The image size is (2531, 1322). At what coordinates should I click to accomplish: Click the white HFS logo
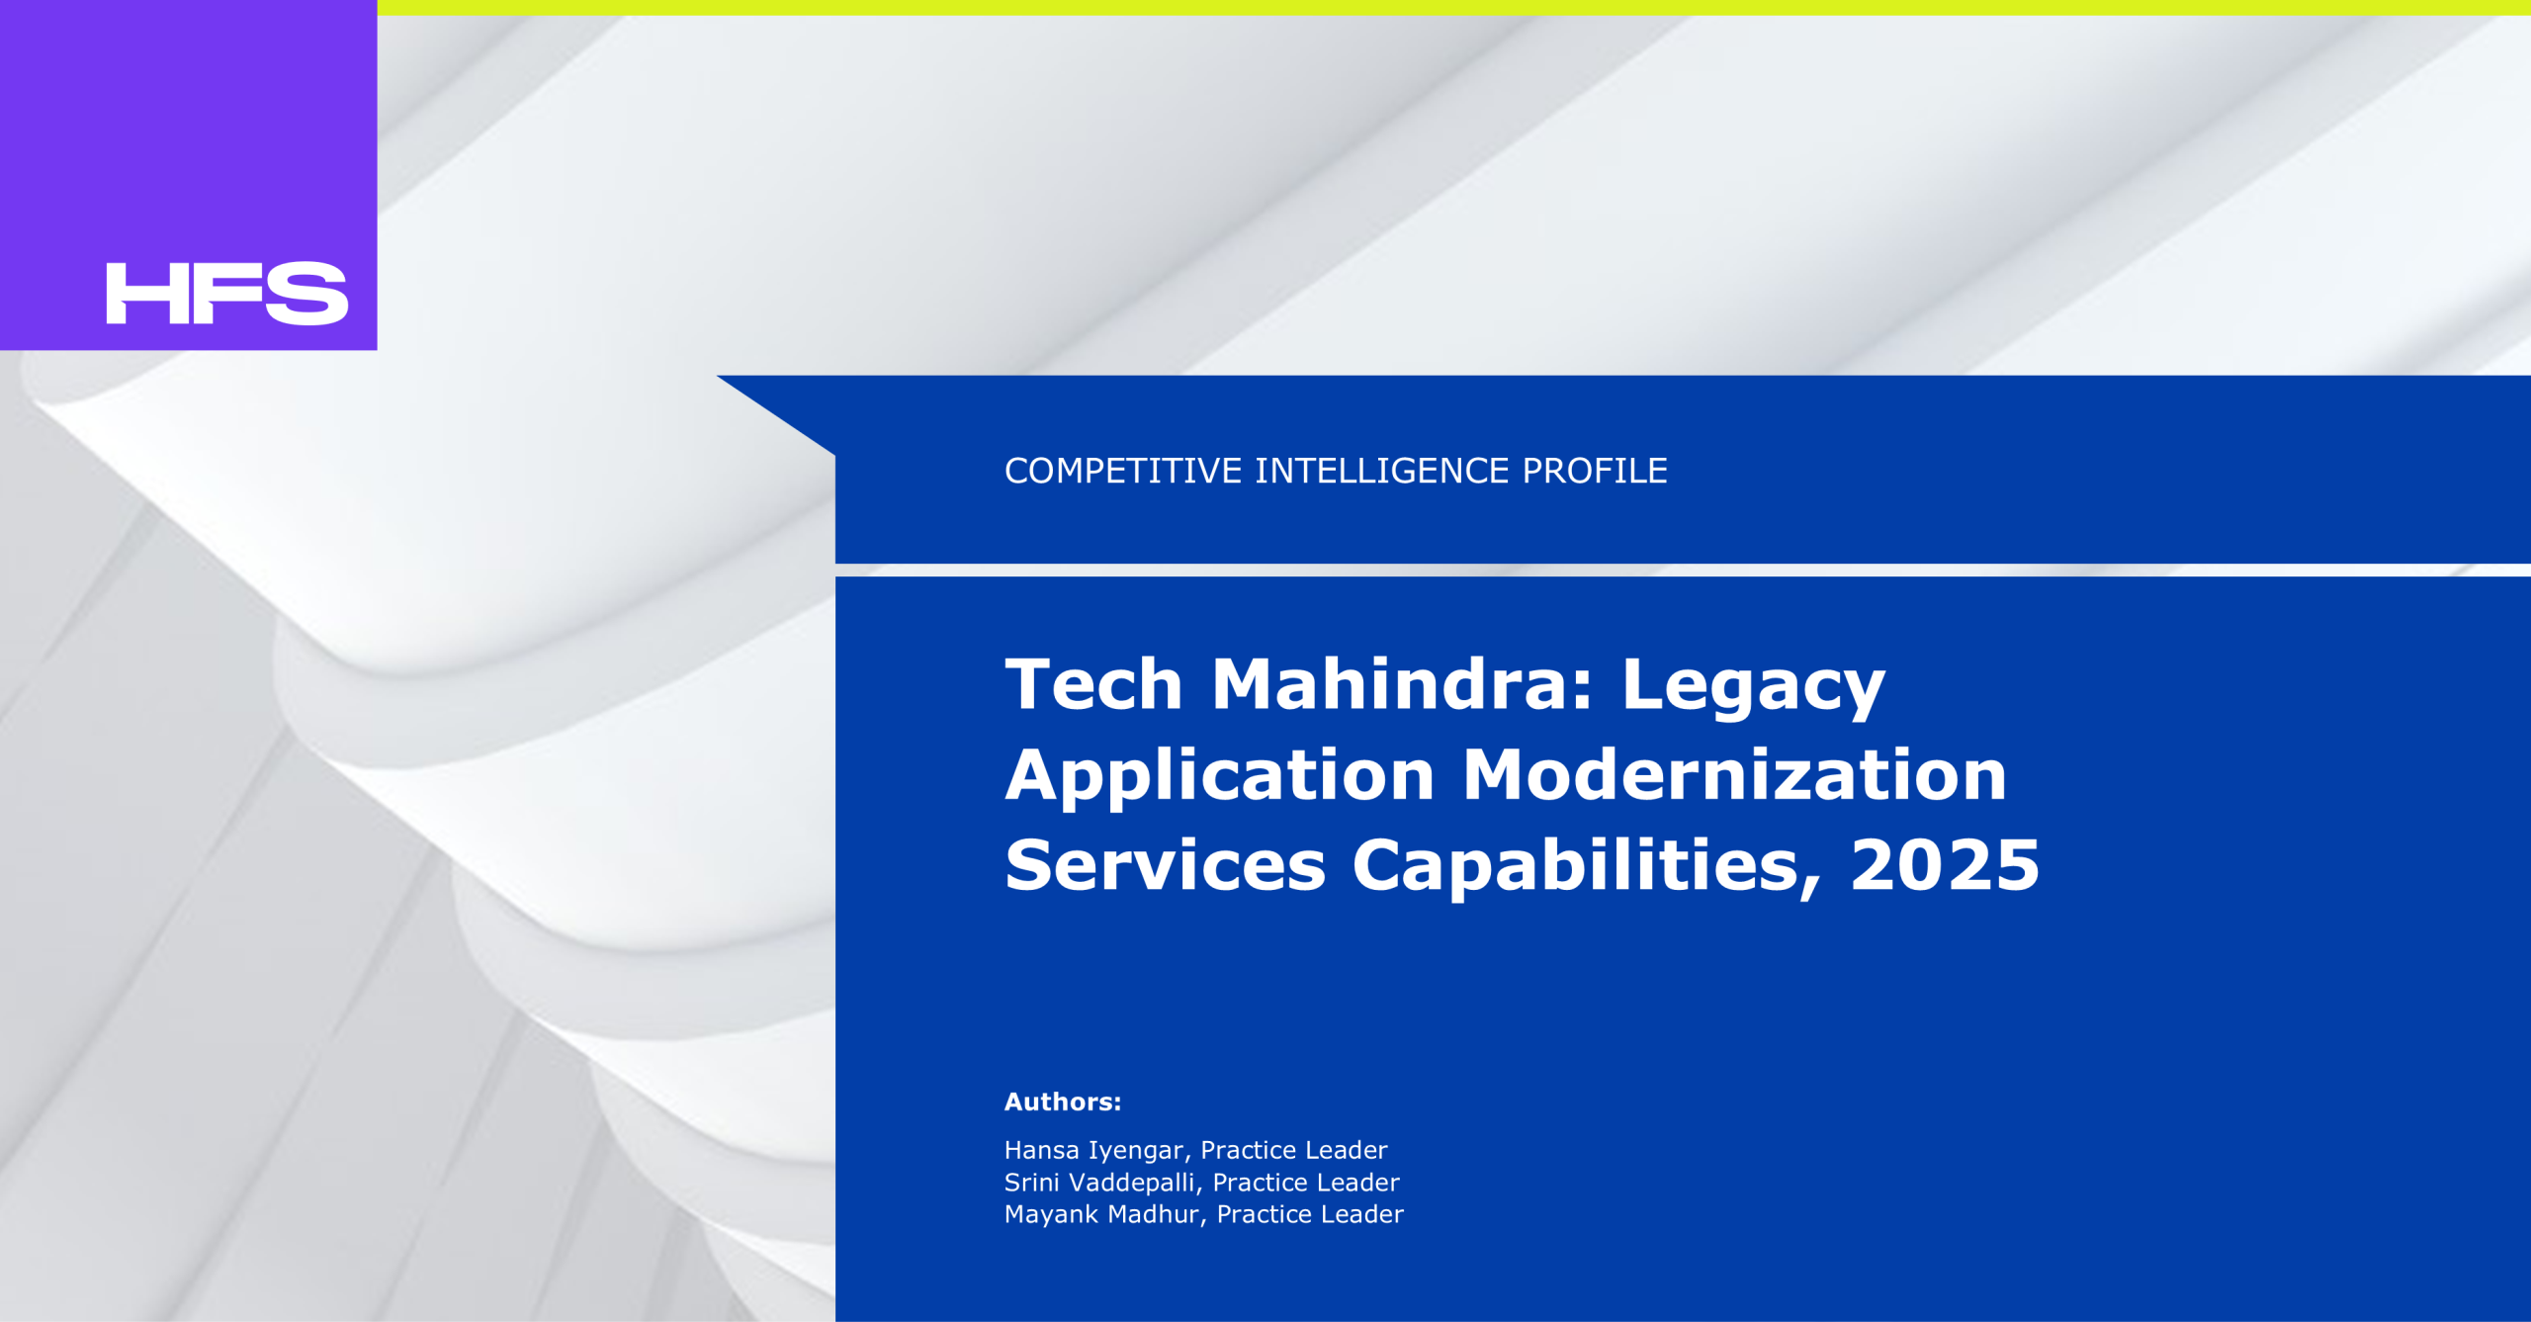[x=227, y=294]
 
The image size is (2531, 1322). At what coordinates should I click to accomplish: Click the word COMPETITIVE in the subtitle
[x=1123, y=471]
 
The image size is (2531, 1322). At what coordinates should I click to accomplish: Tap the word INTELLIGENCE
[x=1382, y=471]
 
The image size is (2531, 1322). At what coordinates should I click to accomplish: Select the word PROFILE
[x=1595, y=471]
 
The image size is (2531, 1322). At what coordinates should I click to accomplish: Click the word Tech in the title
[x=1093, y=684]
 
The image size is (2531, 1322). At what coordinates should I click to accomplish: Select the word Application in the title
[x=1220, y=778]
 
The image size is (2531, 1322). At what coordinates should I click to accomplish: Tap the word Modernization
[x=1735, y=774]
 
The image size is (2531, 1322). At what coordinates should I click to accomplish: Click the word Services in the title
[x=1165, y=865]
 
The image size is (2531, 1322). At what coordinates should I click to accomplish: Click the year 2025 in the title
[x=1945, y=865]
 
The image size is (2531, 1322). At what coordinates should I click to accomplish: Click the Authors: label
[x=1063, y=1102]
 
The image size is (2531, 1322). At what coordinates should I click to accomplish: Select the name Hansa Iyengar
[x=1093, y=1151]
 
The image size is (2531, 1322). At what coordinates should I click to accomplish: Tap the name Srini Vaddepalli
[x=1099, y=1183]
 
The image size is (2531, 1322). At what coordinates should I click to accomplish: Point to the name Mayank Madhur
[x=1101, y=1215]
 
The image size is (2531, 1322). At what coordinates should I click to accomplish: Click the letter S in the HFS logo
[x=307, y=294]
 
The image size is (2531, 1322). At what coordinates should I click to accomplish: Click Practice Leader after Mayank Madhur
[x=1310, y=1214]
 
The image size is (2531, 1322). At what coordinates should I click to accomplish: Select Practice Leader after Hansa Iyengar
[x=1294, y=1150]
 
